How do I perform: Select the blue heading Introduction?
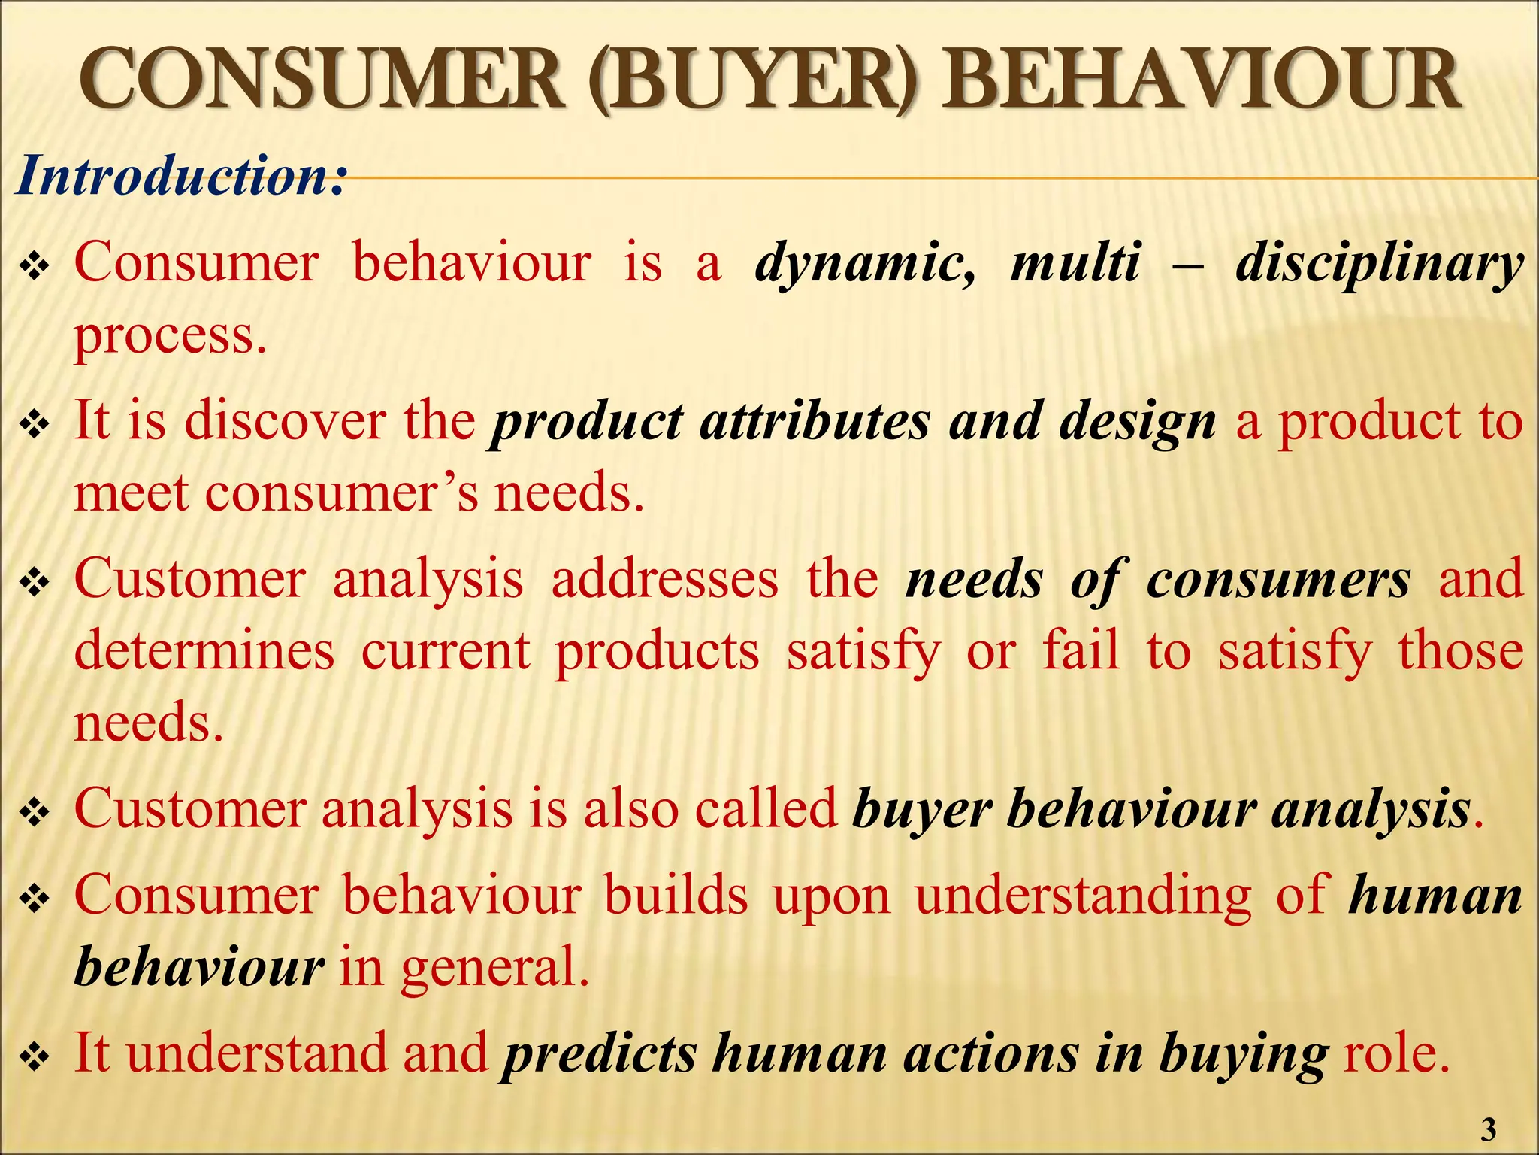[180, 176]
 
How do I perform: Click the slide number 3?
[1487, 1130]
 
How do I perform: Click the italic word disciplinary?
[1379, 264]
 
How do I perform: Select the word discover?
[285, 420]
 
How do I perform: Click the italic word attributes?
[815, 422]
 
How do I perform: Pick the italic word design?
[1138, 422]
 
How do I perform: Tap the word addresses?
[664, 579]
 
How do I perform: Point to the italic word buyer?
[922, 810]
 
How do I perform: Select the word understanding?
[1083, 896]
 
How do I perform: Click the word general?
[495, 969]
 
